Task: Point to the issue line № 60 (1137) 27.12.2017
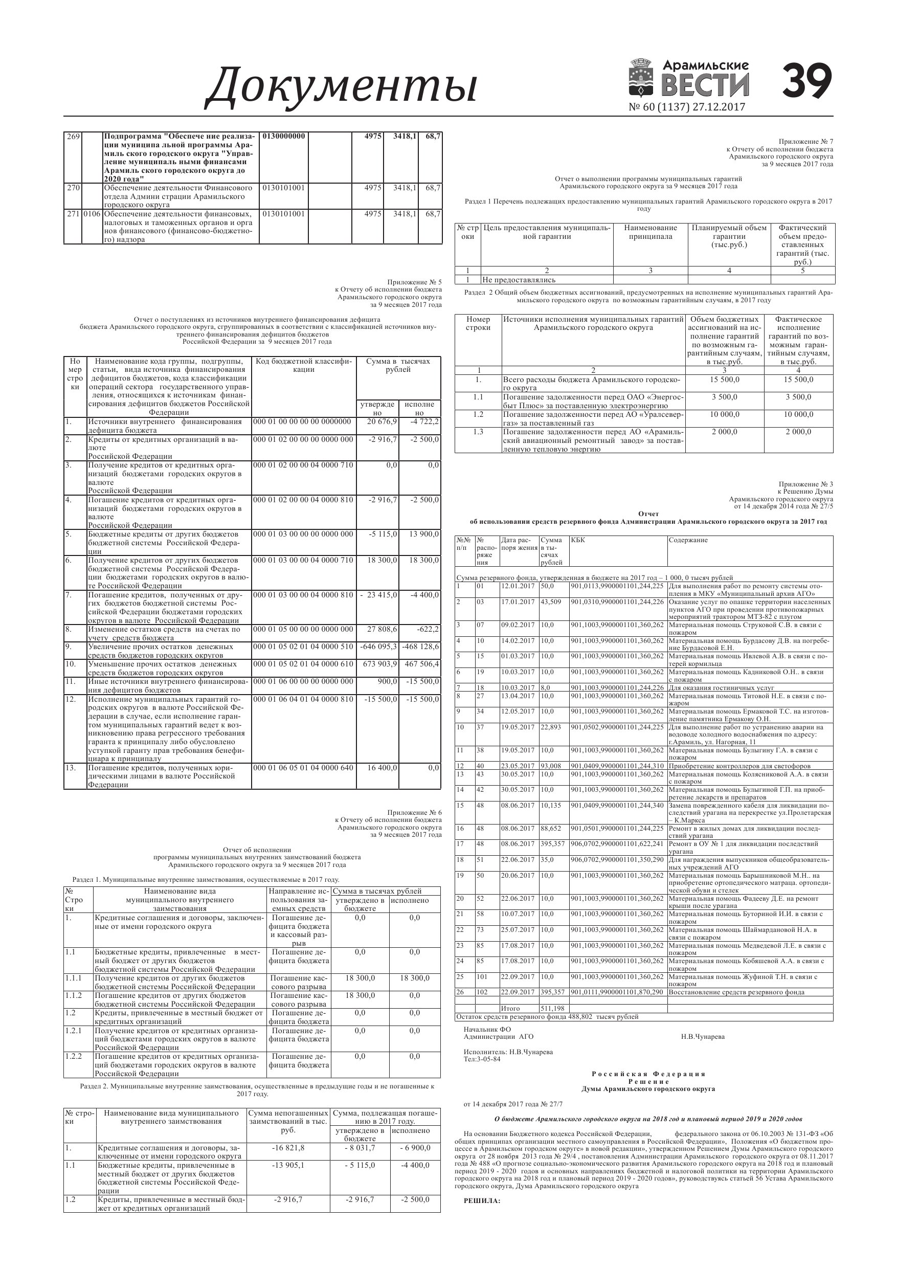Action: point(686,107)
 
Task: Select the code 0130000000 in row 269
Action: point(283,136)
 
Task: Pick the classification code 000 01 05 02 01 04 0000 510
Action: point(303,646)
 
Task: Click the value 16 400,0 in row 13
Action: point(382,768)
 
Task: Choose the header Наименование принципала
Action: point(650,232)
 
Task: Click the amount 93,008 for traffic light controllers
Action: point(550,766)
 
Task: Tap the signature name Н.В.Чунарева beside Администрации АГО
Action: point(703,1037)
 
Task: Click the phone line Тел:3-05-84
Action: point(482,1059)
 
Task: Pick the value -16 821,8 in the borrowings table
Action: point(288,1147)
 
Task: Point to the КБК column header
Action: point(577,540)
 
